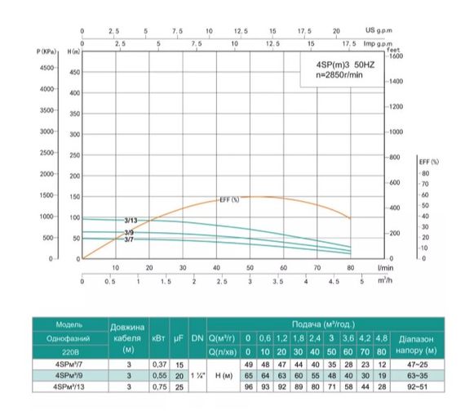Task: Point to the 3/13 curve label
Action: (131, 220)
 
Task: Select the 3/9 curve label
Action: (129, 233)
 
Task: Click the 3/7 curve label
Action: (129, 240)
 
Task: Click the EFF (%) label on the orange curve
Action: (229, 200)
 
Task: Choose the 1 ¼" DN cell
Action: (197, 375)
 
